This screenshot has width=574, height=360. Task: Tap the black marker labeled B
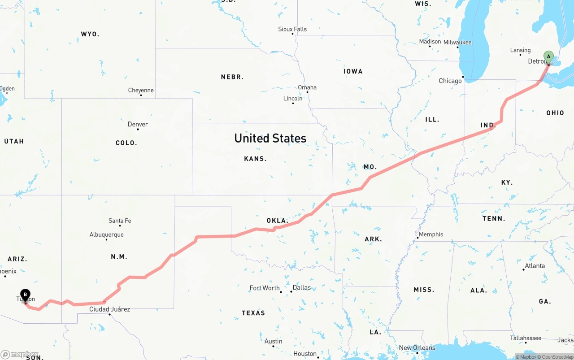(26, 295)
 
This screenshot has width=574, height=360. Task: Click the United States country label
(270, 138)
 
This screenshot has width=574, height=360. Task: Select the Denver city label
(138, 124)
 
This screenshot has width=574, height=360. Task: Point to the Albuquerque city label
(106, 234)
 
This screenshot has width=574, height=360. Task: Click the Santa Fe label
(120, 221)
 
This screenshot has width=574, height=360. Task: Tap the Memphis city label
(430, 234)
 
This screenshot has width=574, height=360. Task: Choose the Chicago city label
(450, 81)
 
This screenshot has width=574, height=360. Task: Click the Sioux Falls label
(292, 29)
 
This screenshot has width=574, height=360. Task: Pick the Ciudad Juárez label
(109, 309)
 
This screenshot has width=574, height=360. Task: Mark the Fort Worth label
(265, 288)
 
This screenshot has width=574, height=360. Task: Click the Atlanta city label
(535, 266)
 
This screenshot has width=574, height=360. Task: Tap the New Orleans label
(417, 347)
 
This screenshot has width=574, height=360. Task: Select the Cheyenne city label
(141, 90)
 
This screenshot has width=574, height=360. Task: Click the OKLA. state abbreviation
(277, 221)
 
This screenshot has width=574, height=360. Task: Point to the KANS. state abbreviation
(255, 159)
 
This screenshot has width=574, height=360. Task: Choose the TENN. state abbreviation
(494, 219)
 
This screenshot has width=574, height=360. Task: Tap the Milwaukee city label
(457, 42)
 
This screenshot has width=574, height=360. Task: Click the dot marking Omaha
(307, 92)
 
